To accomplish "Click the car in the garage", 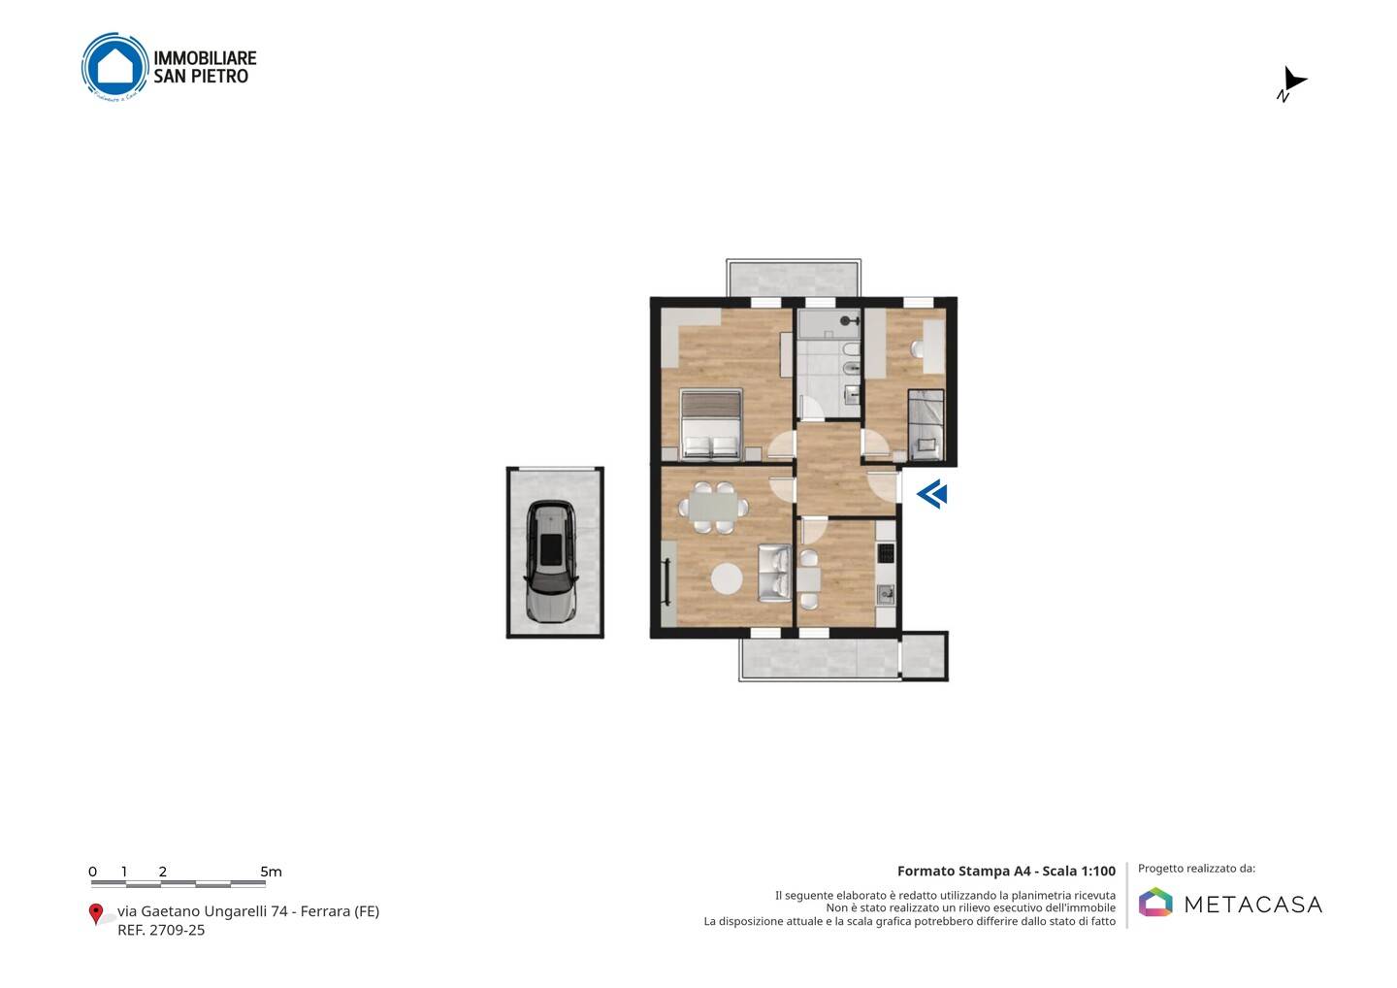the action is [552, 561].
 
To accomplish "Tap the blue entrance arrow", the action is [931, 494].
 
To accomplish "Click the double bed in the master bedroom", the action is [712, 425].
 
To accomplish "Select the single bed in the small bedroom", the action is [926, 425].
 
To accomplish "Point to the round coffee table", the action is [727, 578].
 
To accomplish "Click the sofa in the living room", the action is [774, 574].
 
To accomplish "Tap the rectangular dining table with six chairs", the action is [713, 507].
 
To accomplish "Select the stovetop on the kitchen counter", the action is [886, 552].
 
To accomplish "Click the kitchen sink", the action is [886, 594].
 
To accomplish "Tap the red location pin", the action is [95, 914].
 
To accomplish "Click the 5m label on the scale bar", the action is [271, 872].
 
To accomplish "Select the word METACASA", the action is [1253, 905].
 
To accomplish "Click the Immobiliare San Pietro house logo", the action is [115, 67].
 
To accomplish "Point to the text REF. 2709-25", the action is [161, 930].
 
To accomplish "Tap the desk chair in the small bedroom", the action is [918, 348].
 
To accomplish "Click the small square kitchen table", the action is [809, 579].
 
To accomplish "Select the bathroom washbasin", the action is [852, 394].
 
